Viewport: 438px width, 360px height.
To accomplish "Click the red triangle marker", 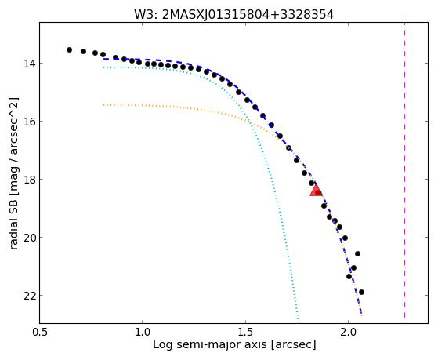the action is tap(316, 190).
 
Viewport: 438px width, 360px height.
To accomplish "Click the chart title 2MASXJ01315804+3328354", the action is tap(248, 15).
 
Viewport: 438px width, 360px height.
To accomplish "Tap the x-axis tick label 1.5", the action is tap(245, 332).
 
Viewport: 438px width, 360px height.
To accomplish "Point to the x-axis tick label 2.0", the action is tap(348, 332).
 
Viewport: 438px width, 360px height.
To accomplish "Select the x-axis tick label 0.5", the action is tap(39, 332).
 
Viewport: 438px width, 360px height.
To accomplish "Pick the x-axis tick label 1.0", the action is tap(142, 332).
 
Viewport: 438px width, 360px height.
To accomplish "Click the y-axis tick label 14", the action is tap(30, 64).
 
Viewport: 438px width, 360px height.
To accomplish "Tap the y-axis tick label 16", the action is tap(30, 122).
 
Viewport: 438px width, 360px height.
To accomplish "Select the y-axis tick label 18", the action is tap(30, 180).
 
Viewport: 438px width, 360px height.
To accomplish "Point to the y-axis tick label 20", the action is tap(30, 238).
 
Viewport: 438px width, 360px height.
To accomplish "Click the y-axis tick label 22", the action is tap(30, 296).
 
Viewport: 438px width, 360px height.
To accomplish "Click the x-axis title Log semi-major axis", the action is tap(210, 344).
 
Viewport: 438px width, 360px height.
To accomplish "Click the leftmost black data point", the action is tap(69, 49).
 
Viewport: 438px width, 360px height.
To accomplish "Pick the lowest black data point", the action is tap(361, 292).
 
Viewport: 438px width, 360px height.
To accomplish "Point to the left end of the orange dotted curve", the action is tap(103, 105).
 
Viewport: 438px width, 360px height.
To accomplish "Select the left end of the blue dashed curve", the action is tap(103, 59).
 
